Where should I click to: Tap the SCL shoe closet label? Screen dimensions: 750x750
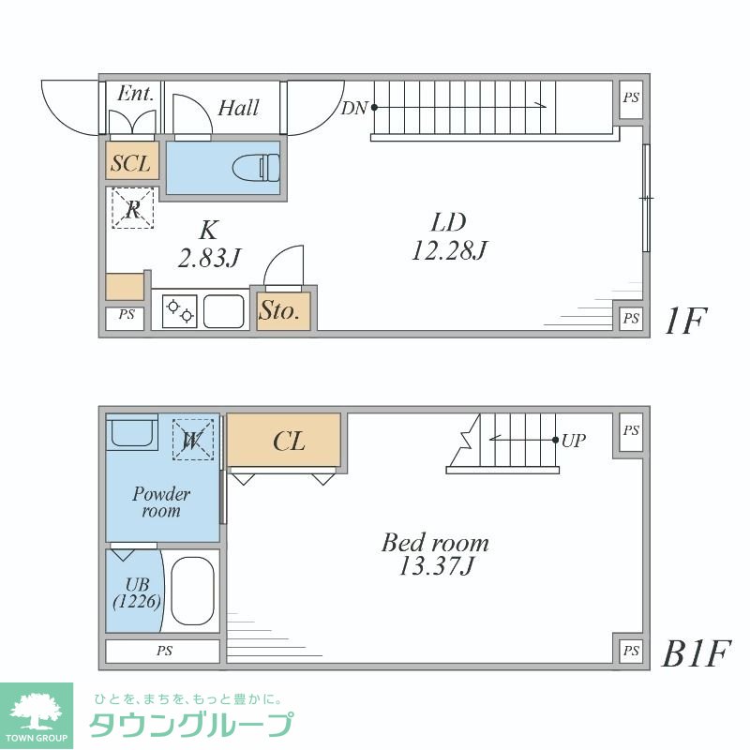[x=130, y=163]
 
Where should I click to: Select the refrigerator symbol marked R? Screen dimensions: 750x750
[x=132, y=208]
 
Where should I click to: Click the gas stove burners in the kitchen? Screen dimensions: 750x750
[x=178, y=310]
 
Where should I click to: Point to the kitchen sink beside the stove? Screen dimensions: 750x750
[x=224, y=310]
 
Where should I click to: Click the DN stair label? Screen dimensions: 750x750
[x=354, y=108]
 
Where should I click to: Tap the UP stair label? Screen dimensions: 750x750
[x=574, y=439]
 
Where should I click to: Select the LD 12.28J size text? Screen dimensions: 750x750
[x=448, y=250]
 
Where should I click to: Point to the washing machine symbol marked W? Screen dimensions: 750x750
[x=193, y=439]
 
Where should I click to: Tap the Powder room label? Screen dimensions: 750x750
[x=161, y=502]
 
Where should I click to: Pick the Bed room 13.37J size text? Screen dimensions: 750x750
[x=434, y=566]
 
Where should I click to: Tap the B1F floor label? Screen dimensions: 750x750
[x=696, y=653]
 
